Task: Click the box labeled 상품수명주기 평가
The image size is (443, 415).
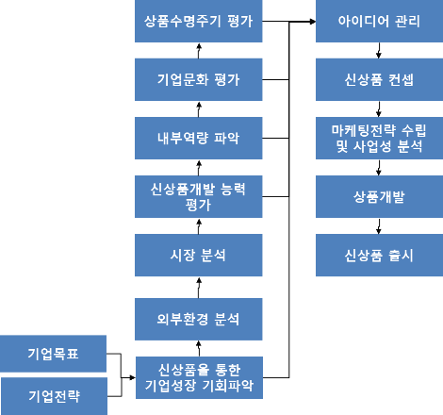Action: (199, 21)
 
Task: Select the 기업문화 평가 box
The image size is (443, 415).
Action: (199, 79)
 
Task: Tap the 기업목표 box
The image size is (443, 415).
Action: (53, 355)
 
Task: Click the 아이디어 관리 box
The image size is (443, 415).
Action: (374, 21)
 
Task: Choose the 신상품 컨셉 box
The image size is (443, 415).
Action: (374, 79)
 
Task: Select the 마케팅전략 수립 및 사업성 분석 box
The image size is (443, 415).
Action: (374, 138)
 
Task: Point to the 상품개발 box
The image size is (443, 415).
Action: (374, 196)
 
